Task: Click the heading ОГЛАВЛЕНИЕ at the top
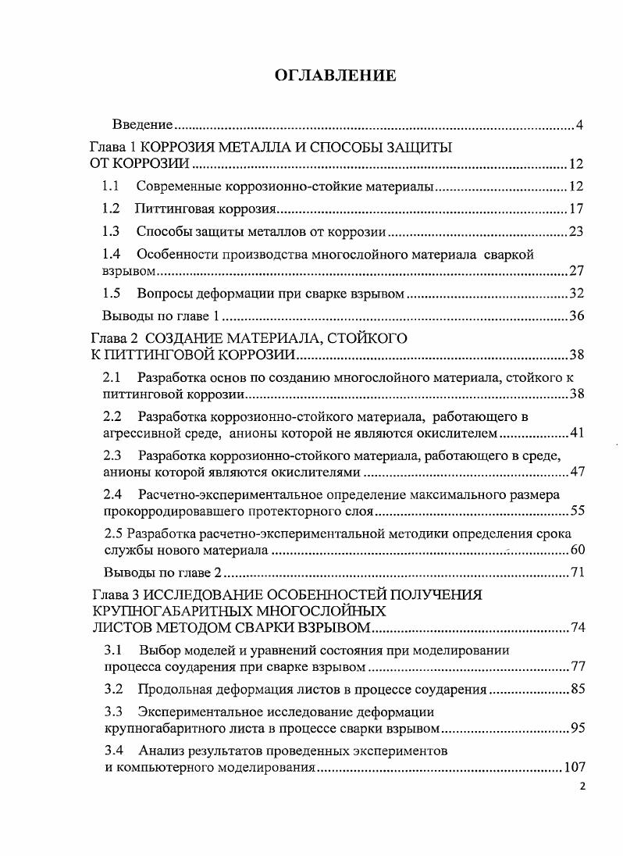(335, 75)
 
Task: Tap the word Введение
(142, 125)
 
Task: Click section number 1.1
(111, 187)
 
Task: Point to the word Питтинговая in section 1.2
(169, 209)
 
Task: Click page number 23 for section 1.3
(576, 232)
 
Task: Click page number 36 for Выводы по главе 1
(576, 316)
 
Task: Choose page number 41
(576, 433)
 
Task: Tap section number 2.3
(112, 455)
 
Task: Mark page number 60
(576, 551)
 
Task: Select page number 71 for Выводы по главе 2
(576, 573)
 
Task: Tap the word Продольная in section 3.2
(171, 689)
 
